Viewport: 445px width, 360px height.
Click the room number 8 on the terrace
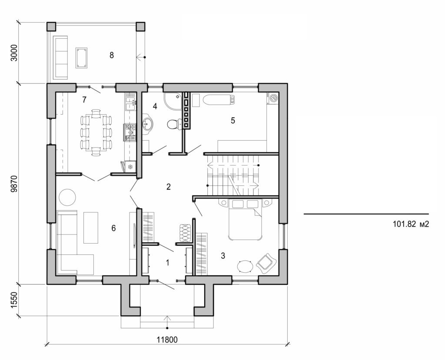tap(112, 55)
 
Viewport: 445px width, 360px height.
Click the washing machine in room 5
tap(273, 98)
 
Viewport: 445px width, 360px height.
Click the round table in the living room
tap(67, 197)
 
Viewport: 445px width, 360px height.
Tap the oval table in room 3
tap(246, 266)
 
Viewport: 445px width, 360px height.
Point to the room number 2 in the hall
tap(169, 187)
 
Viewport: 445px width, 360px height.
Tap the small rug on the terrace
tap(81, 58)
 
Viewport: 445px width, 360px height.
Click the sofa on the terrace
tap(60, 57)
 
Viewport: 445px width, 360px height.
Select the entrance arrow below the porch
tap(166, 322)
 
